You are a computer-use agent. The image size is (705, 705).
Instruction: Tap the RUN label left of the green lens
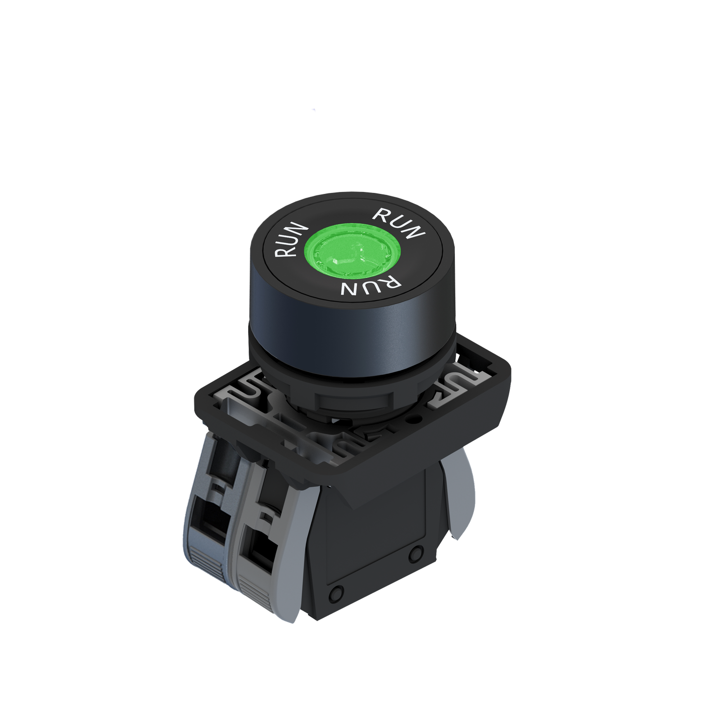[x=292, y=240]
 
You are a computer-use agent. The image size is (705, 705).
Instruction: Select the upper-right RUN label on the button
[x=399, y=223]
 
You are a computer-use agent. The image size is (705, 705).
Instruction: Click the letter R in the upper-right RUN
[x=382, y=214]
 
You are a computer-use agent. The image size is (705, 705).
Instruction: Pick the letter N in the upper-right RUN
[x=415, y=232]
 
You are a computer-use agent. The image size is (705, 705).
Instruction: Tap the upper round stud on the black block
[x=416, y=554]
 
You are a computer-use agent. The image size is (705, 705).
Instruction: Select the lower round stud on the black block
[x=335, y=593]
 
